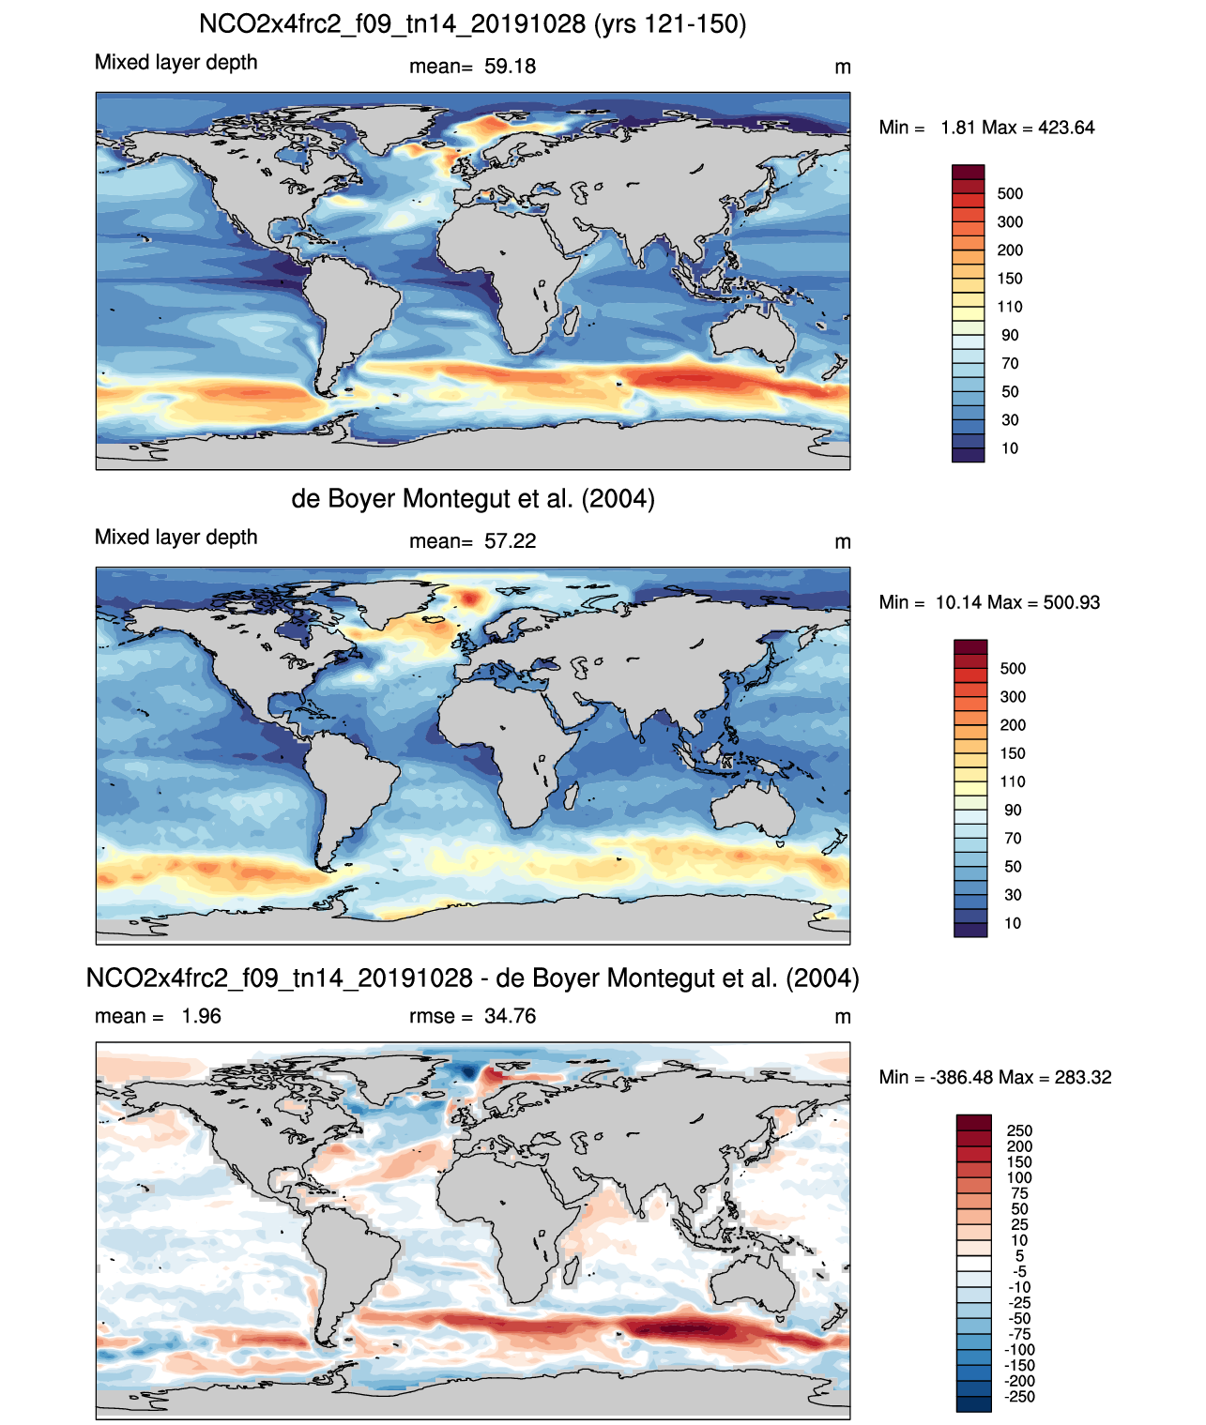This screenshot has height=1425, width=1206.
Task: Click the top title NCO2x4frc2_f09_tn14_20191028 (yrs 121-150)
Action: click(x=473, y=24)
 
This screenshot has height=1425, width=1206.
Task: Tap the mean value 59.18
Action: click(x=510, y=67)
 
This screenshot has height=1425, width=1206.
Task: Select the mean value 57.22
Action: click(x=510, y=541)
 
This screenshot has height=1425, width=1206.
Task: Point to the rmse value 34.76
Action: click(x=510, y=1016)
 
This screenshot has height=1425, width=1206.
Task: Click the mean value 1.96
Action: click(x=201, y=1016)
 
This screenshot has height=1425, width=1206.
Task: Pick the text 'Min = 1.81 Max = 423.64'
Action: click(x=986, y=128)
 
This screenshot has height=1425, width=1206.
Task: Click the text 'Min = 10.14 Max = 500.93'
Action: click(x=989, y=602)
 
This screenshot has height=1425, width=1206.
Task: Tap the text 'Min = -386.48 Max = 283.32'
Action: click(x=995, y=1077)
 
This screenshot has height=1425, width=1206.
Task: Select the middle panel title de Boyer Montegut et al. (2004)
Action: click(x=473, y=498)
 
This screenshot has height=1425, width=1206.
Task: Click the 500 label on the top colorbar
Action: click(x=1010, y=194)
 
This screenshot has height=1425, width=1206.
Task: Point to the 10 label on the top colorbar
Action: click(x=1010, y=448)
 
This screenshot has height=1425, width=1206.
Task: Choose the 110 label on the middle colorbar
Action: click(x=1013, y=781)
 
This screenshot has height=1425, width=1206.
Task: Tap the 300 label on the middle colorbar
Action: click(x=1013, y=697)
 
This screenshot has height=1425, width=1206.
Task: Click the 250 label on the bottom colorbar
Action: click(x=1019, y=1130)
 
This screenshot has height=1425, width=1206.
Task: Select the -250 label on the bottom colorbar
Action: click(x=1019, y=1397)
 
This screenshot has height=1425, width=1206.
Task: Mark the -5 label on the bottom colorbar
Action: click(x=1019, y=1271)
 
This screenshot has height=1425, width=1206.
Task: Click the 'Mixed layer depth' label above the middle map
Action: click(x=176, y=538)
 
